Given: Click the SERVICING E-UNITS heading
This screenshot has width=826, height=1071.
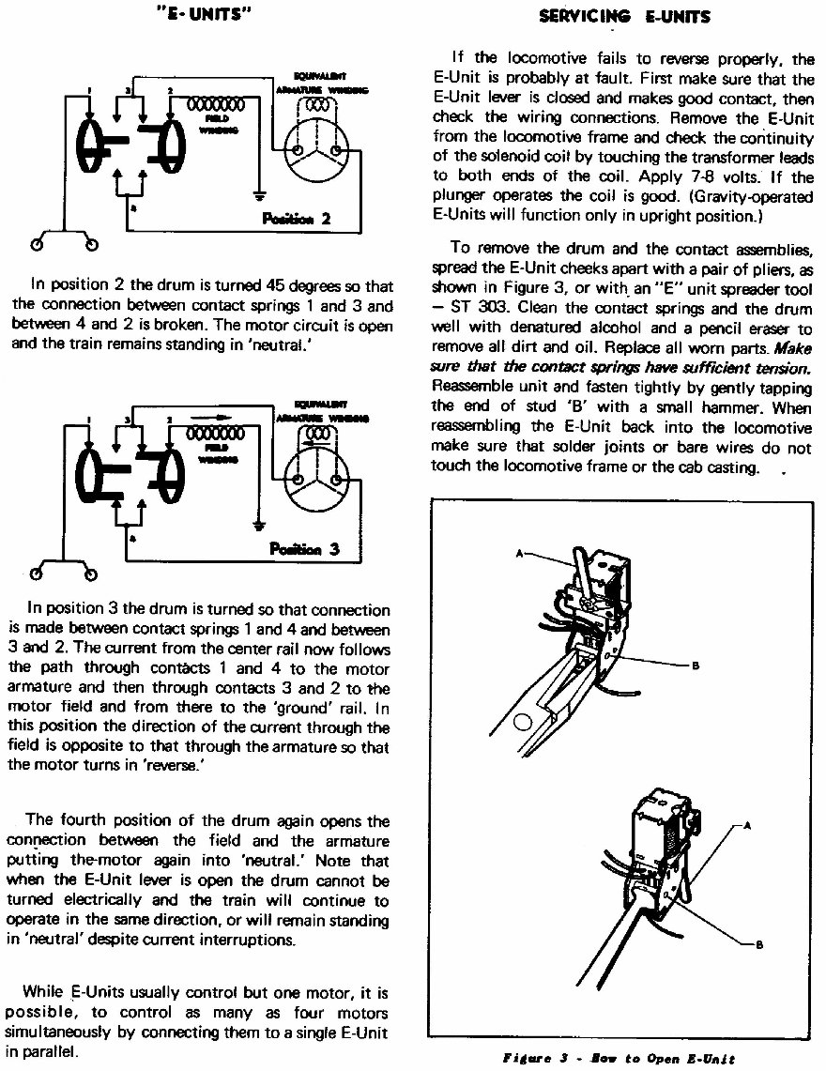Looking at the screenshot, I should point(624,16).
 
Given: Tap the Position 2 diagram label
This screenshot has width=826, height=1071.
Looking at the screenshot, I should point(296,220).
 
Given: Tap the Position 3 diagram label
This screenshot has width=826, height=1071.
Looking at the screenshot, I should point(303,550).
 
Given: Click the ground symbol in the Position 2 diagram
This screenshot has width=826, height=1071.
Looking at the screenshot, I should point(259,197).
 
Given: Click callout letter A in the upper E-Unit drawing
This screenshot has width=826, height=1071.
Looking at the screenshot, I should point(521,554).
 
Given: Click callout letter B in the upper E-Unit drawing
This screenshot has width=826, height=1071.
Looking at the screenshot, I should point(696,666).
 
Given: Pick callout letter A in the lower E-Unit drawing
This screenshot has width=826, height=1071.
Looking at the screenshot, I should point(748,826).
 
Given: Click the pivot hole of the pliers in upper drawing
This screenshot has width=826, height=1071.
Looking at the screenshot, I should point(523,721).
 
